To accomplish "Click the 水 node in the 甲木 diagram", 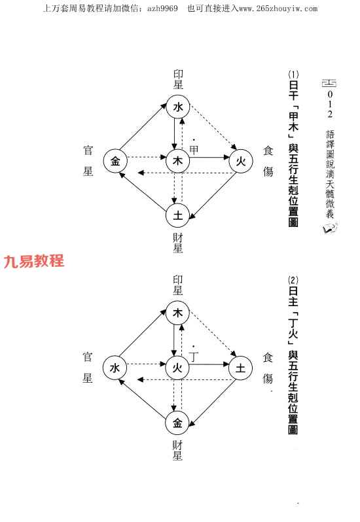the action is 178,107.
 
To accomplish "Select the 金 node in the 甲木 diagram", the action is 115,162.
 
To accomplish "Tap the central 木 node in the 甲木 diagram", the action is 178,161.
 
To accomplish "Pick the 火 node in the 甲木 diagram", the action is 241,162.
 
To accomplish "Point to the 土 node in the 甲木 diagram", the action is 178,215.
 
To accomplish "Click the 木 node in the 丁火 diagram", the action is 178,313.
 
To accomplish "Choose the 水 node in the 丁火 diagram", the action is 115,368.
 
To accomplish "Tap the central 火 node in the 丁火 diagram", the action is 177,368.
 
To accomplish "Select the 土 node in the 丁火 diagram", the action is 240,368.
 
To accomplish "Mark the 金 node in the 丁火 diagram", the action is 177,423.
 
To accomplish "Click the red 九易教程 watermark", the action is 33,261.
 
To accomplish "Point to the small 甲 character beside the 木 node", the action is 194,149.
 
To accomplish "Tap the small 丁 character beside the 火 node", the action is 194,357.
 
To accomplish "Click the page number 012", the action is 330,104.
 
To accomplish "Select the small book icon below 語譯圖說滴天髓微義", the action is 330,228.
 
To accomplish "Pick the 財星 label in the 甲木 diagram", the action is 178,243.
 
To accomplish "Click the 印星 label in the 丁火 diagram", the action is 178,285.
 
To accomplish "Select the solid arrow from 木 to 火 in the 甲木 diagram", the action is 209,157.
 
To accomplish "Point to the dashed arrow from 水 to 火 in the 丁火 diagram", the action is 146,364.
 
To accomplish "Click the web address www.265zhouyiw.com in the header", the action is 278,9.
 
